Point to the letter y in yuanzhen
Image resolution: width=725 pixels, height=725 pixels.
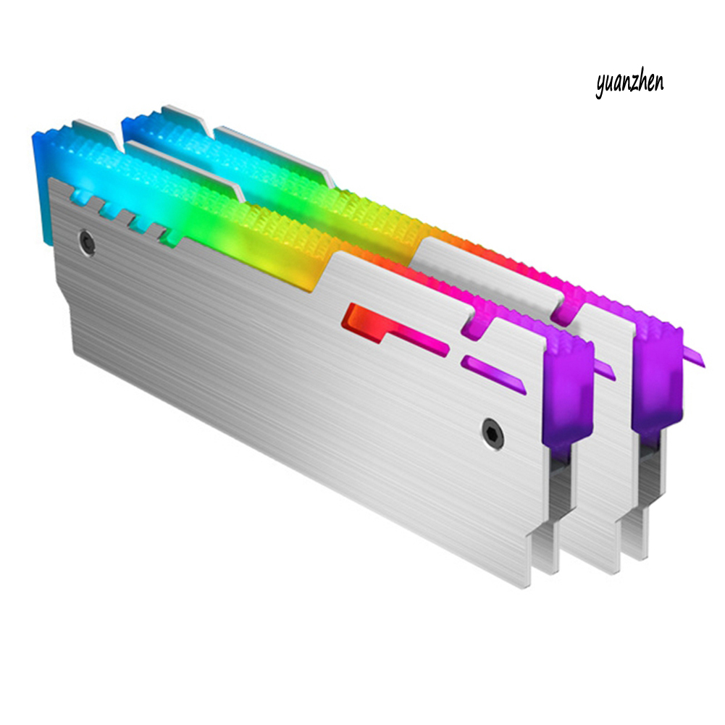coord(600,87)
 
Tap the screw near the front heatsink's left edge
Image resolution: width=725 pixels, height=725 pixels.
coord(86,242)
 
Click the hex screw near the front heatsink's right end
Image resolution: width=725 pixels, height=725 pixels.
coord(493,433)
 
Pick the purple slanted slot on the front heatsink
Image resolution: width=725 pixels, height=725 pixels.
coord(493,374)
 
